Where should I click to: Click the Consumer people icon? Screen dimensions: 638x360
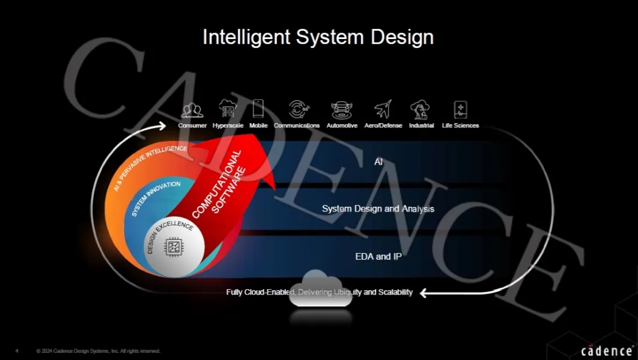point(192,110)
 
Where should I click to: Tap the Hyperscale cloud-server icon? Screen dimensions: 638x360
point(228,109)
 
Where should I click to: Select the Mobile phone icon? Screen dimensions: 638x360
point(258,109)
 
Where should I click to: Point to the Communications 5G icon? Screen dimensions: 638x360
point(299,109)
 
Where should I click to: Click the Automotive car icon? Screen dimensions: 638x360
point(341,111)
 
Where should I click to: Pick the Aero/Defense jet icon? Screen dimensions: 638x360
point(383,109)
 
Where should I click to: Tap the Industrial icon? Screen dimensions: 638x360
point(420,110)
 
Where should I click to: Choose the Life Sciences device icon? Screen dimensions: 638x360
point(461,110)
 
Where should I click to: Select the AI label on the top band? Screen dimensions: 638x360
point(378,162)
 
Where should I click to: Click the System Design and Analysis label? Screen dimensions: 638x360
point(378,209)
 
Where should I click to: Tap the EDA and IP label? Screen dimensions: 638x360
point(378,257)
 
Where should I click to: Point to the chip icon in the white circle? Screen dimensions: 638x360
point(174,247)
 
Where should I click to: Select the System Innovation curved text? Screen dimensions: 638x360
point(156,198)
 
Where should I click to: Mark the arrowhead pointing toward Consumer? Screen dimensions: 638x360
point(162,126)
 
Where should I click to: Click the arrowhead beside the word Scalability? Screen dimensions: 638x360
point(424,293)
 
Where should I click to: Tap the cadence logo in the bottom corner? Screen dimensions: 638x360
point(607,350)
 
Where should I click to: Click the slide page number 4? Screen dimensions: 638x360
point(17,351)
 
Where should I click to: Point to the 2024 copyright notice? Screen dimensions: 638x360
point(99,351)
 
